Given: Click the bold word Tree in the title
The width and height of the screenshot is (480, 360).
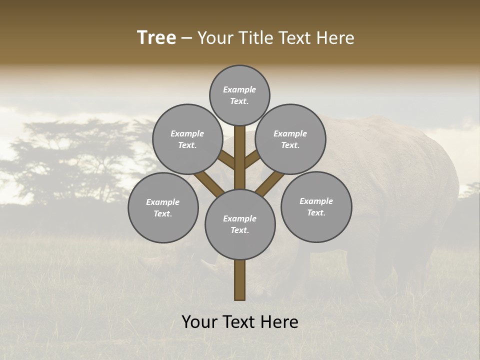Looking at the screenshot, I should click(156, 38).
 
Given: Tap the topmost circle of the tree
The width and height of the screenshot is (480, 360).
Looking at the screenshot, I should click(239, 95).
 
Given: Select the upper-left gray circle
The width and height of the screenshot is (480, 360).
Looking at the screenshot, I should click(187, 139).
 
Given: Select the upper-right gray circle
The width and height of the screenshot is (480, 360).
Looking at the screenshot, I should click(290, 139).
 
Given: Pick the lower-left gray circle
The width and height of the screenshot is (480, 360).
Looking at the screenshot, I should click(163, 207).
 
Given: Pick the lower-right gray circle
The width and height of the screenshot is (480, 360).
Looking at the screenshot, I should click(316, 206).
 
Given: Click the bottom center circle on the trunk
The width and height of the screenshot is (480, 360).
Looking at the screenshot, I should click(239, 224).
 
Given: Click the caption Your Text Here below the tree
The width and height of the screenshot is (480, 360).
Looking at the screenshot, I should click(239, 322).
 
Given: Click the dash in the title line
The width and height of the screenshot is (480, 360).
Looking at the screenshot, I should click(186, 38).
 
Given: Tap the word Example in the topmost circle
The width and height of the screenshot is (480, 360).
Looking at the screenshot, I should click(239, 89).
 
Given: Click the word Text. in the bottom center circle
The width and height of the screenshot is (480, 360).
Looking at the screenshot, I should click(239, 230).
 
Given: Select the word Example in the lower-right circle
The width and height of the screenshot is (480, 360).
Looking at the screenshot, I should click(316, 201).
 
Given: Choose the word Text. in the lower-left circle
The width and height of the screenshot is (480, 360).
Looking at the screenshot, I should click(163, 213).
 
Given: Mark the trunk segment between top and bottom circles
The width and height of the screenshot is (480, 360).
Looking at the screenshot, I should click(239, 157).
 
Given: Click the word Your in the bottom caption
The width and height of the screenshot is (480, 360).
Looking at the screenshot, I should click(199, 322).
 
